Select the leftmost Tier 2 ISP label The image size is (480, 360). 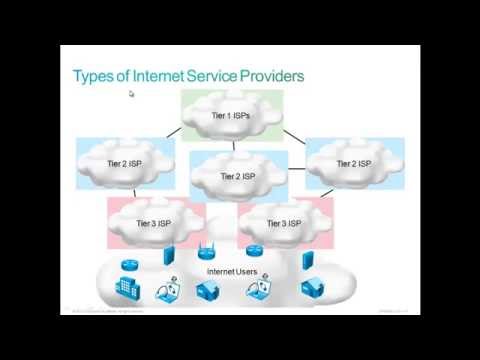point(125,163)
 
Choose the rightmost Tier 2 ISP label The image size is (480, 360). point(352,163)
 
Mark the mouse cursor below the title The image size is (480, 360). point(131,95)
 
